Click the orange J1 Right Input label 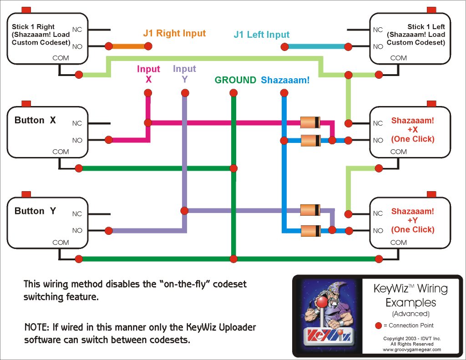point(174,33)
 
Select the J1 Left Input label point(261,35)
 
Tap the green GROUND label point(235,80)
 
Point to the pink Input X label point(148,74)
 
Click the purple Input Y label point(184,74)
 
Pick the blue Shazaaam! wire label point(285,80)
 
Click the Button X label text point(35,121)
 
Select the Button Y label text point(35,211)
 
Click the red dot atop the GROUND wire point(233,93)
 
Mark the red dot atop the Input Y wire point(185,93)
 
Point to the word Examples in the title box point(410,302)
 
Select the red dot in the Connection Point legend point(378,325)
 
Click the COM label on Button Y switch point(61,243)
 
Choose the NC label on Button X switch point(77,123)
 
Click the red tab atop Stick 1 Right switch point(26,10)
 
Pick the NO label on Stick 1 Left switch point(378,46)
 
